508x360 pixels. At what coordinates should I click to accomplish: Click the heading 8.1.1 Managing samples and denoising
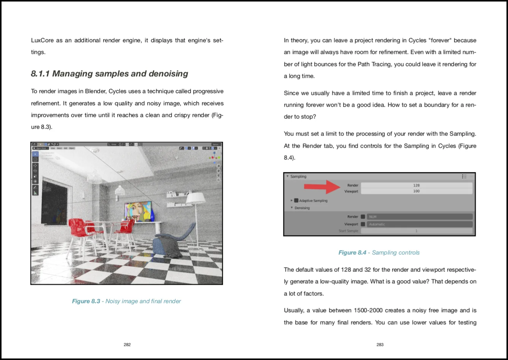pyautogui.click(x=109, y=74)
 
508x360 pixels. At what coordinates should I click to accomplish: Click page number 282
pyautogui.click(x=127, y=345)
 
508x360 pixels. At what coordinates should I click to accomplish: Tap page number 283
pyautogui.click(x=380, y=345)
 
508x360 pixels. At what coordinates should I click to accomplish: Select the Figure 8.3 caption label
pyautogui.click(x=86, y=301)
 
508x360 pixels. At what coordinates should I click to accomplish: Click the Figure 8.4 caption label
pyautogui.click(x=352, y=253)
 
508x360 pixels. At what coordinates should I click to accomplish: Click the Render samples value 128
pyautogui.click(x=416, y=185)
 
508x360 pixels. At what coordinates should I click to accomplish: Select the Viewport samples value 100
pyautogui.click(x=416, y=191)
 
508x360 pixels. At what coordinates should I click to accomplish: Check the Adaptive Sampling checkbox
pyautogui.click(x=296, y=201)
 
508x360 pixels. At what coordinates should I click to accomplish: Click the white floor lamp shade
pyautogui.click(x=195, y=198)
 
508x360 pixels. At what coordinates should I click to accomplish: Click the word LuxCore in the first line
pyautogui.click(x=42, y=40)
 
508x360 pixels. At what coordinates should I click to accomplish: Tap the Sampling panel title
pyautogui.click(x=298, y=177)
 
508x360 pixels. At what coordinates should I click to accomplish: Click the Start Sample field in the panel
pyautogui.click(x=416, y=231)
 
